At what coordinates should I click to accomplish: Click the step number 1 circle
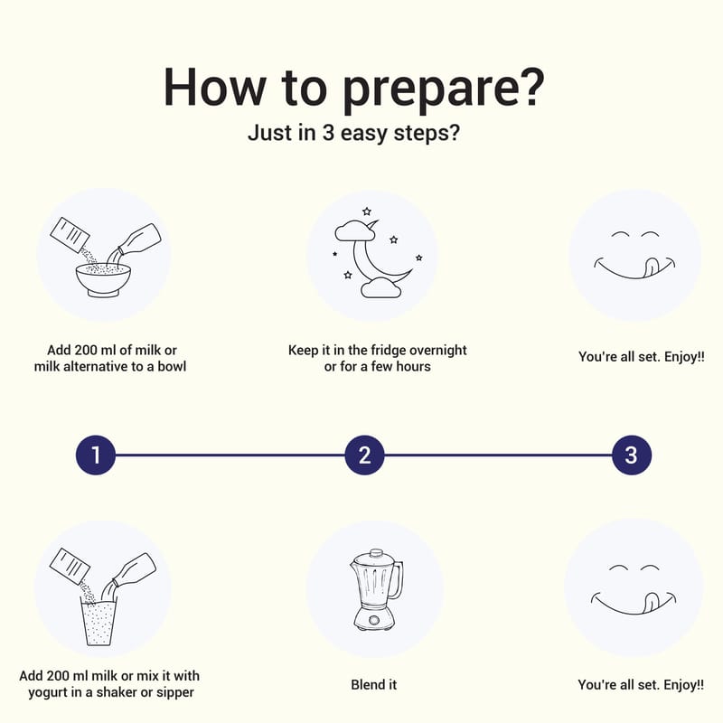pyautogui.click(x=96, y=455)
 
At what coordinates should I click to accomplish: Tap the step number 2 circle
pyautogui.click(x=364, y=455)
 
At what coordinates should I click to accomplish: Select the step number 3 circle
pyautogui.click(x=631, y=455)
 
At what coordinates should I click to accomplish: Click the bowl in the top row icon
pyautogui.click(x=103, y=280)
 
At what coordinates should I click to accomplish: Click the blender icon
pyautogui.click(x=376, y=590)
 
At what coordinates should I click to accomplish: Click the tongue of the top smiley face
pyautogui.click(x=650, y=268)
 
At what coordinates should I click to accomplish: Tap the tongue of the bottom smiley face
pyautogui.click(x=650, y=603)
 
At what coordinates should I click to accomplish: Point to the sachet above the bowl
pyautogui.click(x=70, y=235)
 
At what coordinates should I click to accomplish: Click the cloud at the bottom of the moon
pyautogui.click(x=380, y=288)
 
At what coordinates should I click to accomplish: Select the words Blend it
pyautogui.click(x=373, y=685)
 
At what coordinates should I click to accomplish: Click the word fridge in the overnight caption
pyautogui.click(x=387, y=351)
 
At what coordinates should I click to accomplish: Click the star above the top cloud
pyautogui.click(x=367, y=211)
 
